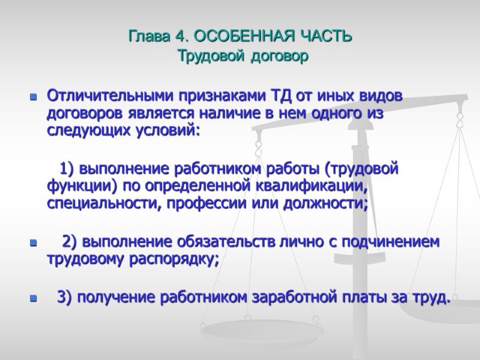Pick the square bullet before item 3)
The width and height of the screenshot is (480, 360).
[33, 297]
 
